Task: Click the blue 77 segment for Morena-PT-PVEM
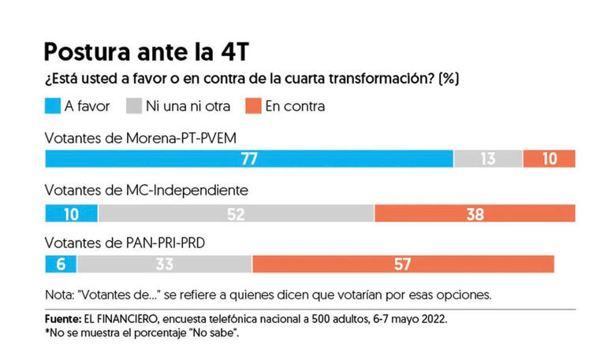[249, 158]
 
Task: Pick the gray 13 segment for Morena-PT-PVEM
[488, 158]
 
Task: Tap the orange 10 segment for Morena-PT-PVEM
[549, 158]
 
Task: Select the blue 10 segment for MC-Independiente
[71, 213]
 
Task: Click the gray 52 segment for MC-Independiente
[236, 213]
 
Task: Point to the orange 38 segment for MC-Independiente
[475, 213]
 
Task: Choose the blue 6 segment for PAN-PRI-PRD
[61, 264]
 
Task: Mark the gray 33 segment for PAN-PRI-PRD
[164, 264]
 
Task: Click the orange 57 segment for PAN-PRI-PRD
[403, 264]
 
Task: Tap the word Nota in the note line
[58, 295]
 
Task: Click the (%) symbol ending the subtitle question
[450, 80]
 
